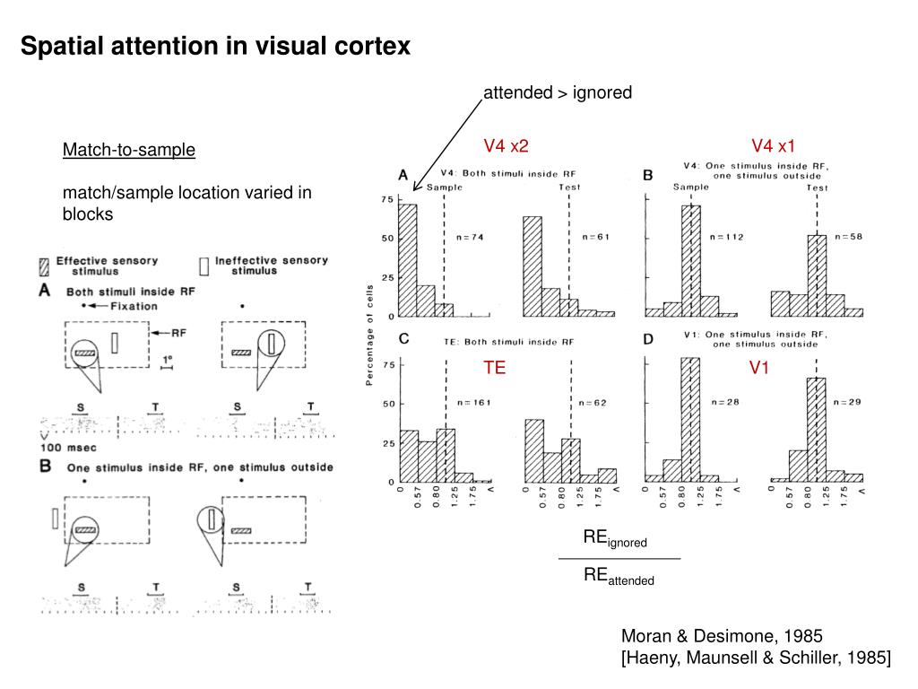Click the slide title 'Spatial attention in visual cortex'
[x=215, y=47]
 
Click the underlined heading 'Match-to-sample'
[x=128, y=150]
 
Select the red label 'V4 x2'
[x=507, y=146]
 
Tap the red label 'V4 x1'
[x=774, y=146]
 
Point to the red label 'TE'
[x=495, y=368]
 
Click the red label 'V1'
[x=761, y=368]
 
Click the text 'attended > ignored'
[x=558, y=92]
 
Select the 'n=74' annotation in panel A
[x=470, y=237]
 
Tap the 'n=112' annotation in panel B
[x=726, y=237]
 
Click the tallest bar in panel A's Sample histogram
[x=408, y=260]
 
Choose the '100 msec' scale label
[x=67, y=446]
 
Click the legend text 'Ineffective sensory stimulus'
[x=266, y=266]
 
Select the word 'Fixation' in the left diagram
[x=134, y=306]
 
